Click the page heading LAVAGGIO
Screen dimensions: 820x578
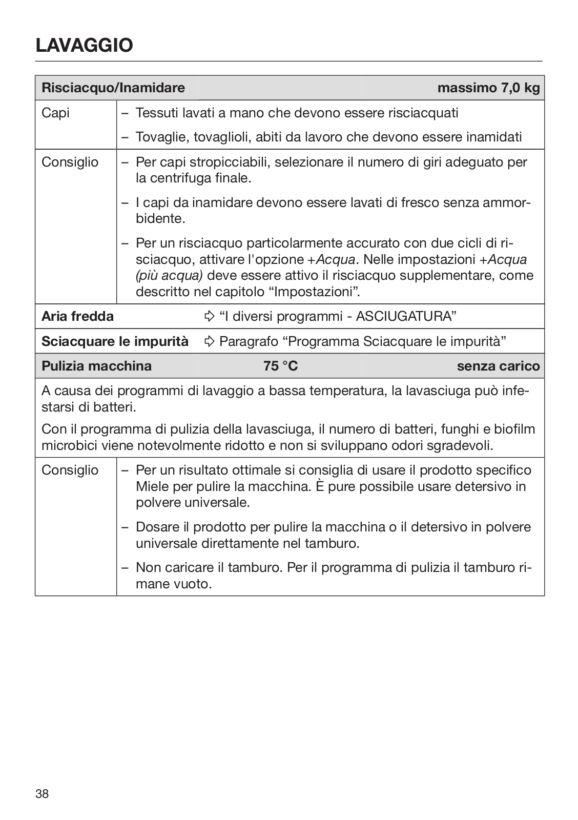[x=84, y=46]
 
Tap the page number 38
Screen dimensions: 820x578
[x=43, y=794]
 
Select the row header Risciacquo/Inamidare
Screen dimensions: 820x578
[x=113, y=88]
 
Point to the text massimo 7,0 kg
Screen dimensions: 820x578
[x=488, y=88]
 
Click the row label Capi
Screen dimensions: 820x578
[x=55, y=113]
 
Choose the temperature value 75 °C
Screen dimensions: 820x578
[x=280, y=366]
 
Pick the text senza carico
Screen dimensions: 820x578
[x=498, y=366]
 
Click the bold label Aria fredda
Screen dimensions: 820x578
[x=77, y=316]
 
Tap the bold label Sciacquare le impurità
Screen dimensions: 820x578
[x=115, y=341]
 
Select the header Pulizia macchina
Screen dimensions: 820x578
[x=96, y=366]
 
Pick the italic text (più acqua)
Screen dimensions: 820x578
[x=169, y=276]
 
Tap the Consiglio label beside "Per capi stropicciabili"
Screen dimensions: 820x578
[x=70, y=162]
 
